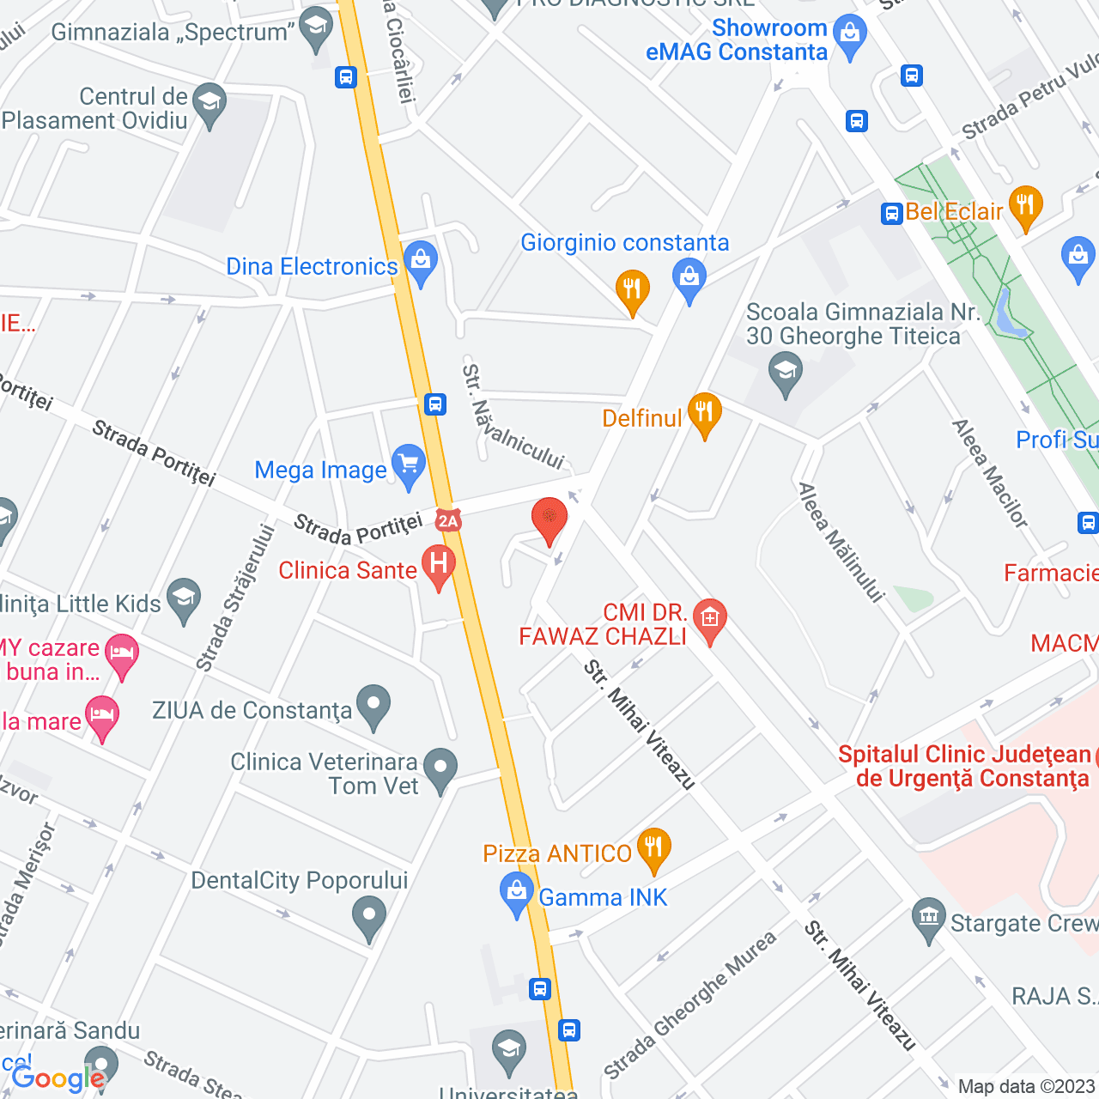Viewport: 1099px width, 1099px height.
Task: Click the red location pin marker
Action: pos(549,519)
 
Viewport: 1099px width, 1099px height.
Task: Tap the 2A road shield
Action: pos(448,520)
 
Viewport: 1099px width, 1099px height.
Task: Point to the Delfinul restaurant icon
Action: pos(704,413)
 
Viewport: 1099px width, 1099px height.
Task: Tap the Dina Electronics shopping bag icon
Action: pos(421,261)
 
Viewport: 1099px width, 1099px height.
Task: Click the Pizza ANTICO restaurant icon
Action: pos(654,848)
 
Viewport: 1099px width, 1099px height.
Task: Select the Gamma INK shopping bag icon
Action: pos(517,892)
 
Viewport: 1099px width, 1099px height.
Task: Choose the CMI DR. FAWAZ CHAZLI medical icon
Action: pos(710,618)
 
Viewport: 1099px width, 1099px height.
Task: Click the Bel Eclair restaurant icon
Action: pos(1025,206)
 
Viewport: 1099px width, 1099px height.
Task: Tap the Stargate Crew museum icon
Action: pos(929,919)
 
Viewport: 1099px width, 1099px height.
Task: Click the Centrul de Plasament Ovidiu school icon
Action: pos(209,104)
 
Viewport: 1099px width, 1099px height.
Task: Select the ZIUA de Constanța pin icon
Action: pos(373,705)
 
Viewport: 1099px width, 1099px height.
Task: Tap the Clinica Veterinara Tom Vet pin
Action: pos(440,768)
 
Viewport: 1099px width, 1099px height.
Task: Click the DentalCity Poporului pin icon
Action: pos(369,916)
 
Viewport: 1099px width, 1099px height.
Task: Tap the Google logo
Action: pos(58,1078)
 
